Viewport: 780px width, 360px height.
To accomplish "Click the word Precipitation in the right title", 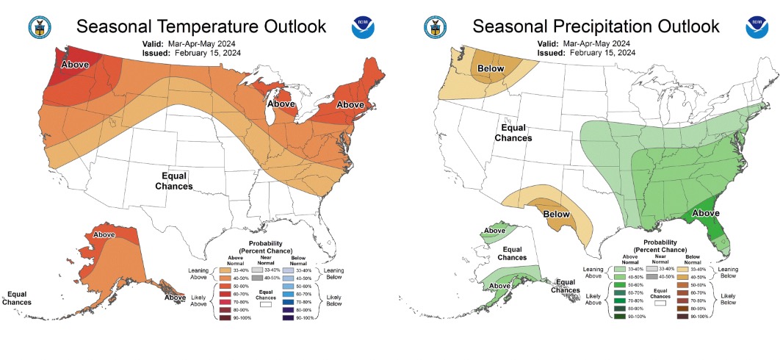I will tap(603, 26).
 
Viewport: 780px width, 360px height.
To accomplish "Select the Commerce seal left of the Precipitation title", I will tap(435, 28).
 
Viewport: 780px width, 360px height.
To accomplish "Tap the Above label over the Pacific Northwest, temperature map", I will tap(76, 65).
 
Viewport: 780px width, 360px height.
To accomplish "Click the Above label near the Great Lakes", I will tap(282, 104).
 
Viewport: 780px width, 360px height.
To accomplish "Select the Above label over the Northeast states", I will tap(350, 104).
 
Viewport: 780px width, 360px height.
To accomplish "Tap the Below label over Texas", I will tap(556, 214).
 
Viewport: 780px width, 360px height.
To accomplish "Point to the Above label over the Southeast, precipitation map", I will tap(707, 214).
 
